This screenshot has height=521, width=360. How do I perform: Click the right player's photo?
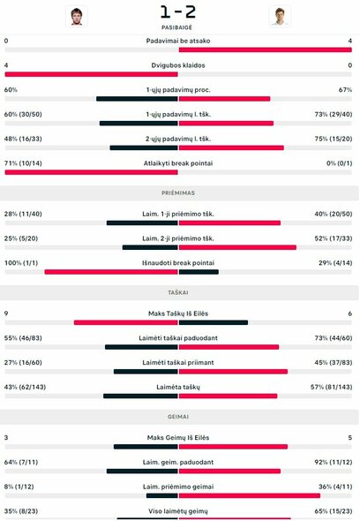point(280,16)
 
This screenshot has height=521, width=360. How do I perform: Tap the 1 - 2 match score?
point(178,12)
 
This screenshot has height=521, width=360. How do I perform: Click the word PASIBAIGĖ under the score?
point(178,28)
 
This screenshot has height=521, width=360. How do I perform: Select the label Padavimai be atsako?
point(178,41)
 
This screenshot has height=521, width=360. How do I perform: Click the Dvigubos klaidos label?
point(178,65)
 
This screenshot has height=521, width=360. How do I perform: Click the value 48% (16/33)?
point(24,139)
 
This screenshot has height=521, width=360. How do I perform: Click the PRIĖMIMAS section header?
point(178,192)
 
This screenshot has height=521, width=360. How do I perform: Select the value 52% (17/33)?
point(335,238)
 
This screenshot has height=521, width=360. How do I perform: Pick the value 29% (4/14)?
point(338,263)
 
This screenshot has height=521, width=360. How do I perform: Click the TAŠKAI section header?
point(178,291)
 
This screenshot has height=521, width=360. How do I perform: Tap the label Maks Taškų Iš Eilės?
point(178,313)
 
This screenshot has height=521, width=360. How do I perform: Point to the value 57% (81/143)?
point(334,387)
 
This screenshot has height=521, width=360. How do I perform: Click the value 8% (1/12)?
point(19,487)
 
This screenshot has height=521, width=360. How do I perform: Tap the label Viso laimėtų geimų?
point(178,511)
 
